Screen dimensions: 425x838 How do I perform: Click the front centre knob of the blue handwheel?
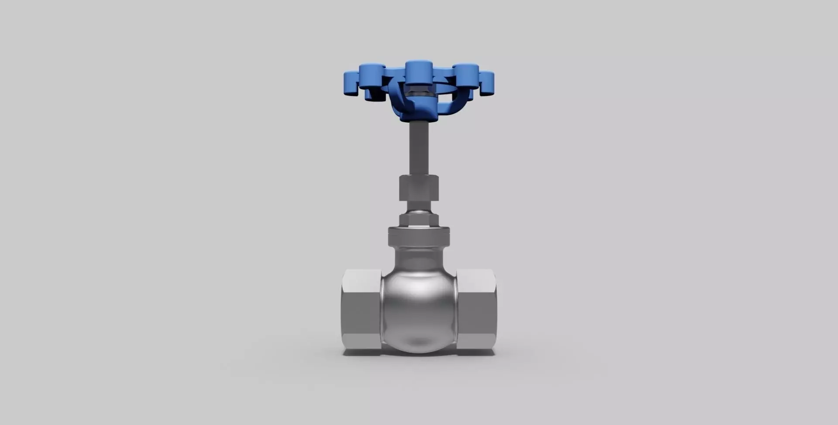click(x=419, y=72)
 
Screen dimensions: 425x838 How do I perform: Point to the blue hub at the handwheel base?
click(x=418, y=114)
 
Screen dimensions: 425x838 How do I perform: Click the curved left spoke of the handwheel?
click(x=395, y=98)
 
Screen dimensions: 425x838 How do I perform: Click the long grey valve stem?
click(x=419, y=148)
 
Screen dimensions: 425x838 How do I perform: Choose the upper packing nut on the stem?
click(x=419, y=188)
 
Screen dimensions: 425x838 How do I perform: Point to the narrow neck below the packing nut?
click(x=419, y=206)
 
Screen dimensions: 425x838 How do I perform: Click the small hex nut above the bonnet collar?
click(x=419, y=219)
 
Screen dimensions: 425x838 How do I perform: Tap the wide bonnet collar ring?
click(x=419, y=236)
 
